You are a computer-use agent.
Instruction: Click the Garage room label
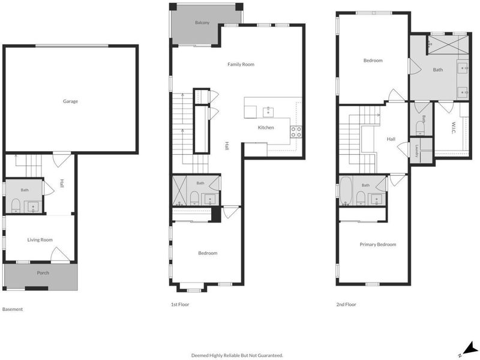[70, 101]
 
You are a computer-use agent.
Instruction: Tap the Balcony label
[202, 22]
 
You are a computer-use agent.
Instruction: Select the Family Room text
[241, 64]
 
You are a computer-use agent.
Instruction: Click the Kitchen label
[266, 127]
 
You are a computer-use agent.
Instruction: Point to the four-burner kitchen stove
[296, 132]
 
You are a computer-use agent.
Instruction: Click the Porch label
[43, 273]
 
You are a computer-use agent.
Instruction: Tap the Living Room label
[40, 239]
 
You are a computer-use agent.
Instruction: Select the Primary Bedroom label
[378, 244]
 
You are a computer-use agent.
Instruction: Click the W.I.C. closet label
[454, 128]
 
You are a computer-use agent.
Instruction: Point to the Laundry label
[416, 151]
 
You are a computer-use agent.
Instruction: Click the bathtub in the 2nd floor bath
[346, 190]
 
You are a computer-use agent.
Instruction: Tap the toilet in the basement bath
[16, 205]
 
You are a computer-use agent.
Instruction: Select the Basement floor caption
[13, 309]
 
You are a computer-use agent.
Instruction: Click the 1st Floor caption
[180, 304]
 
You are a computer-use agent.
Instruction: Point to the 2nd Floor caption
[346, 304]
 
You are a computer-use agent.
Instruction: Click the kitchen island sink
[268, 112]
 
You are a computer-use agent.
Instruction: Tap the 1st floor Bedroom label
[208, 253]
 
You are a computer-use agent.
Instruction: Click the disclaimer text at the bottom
[237, 355]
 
